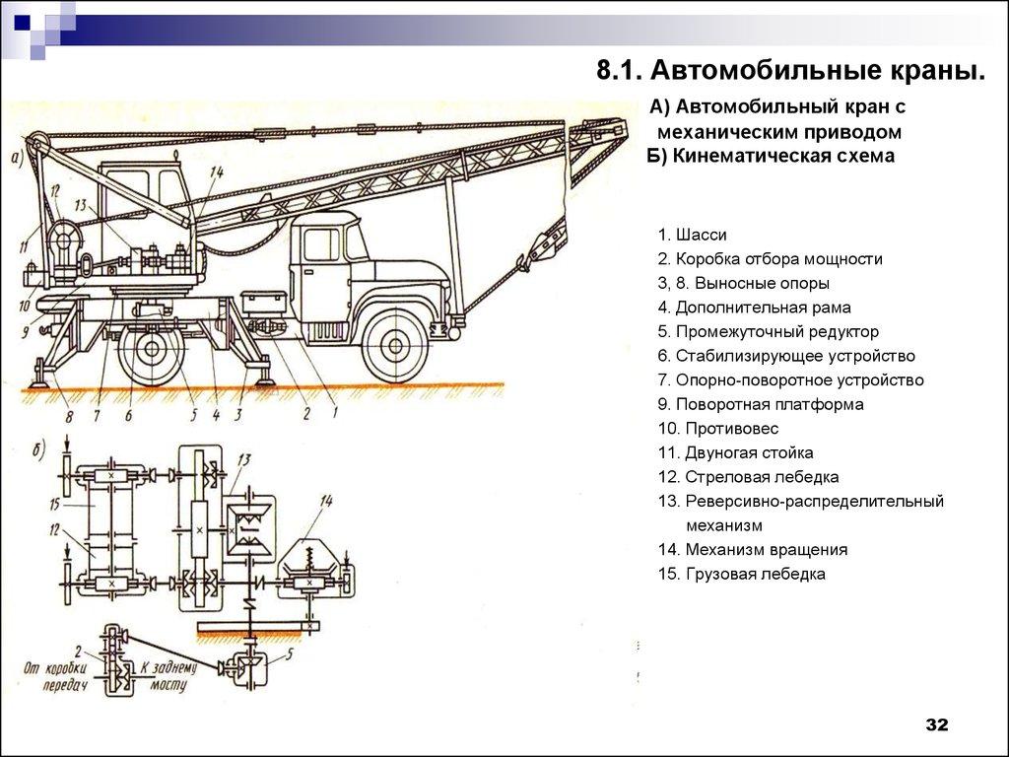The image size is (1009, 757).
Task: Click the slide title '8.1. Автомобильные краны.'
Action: point(790,70)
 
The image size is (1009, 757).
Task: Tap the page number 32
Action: point(935,725)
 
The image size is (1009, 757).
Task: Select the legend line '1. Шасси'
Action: point(693,236)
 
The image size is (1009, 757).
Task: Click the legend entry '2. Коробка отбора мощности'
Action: point(771,259)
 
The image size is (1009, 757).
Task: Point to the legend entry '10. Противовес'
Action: point(718,429)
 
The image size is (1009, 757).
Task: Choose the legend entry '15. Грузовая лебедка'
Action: point(742,574)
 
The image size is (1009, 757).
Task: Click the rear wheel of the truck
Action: point(152,349)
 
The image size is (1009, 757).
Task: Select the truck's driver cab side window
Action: point(320,243)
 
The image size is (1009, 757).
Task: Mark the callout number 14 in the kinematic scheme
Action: point(326,502)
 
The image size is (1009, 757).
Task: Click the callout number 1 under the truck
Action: point(335,414)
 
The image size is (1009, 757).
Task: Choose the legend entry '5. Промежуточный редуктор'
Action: point(768,332)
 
